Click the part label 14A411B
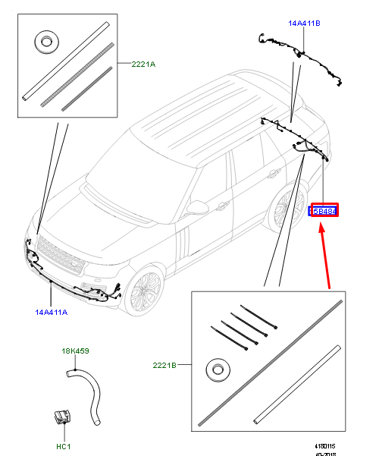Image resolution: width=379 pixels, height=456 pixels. (304, 24)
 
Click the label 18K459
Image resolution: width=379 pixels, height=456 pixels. (75, 351)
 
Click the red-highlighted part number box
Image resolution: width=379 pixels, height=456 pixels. (324, 210)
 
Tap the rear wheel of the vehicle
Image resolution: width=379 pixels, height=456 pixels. (285, 206)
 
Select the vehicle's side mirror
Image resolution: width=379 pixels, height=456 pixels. (199, 206)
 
